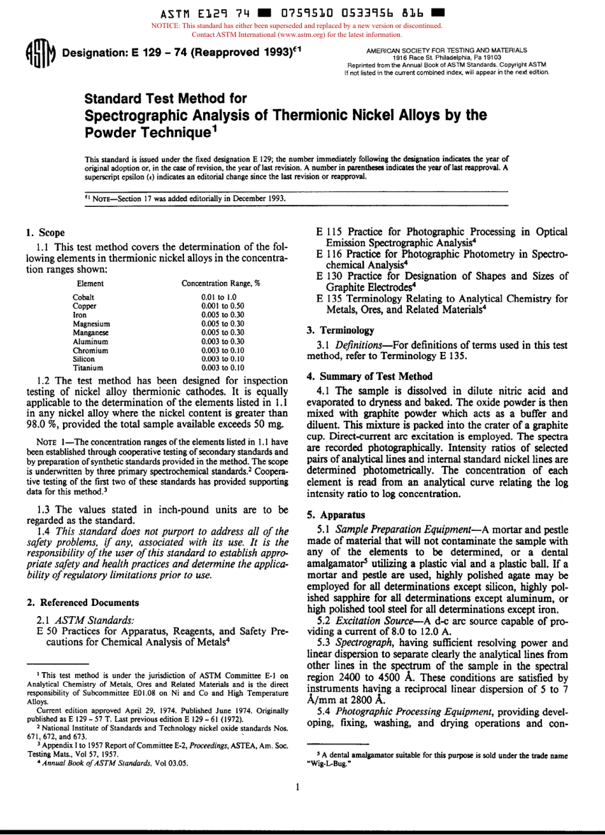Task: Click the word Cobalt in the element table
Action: tap(83, 297)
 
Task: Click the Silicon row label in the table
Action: tap(84, 359)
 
